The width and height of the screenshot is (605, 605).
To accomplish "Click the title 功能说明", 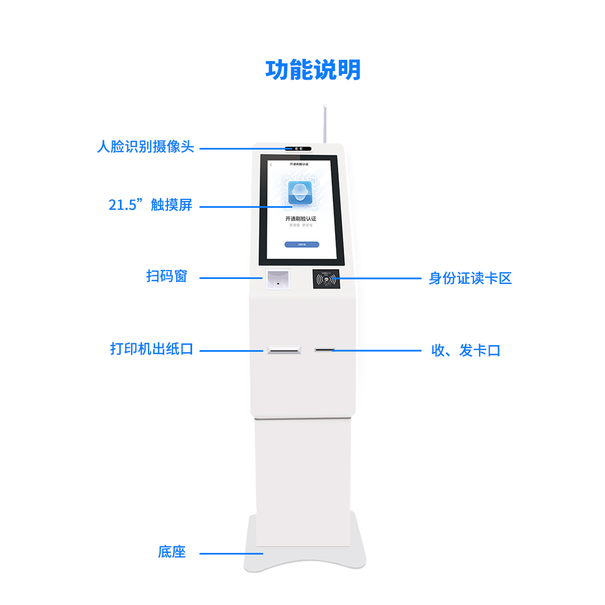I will [313, 70].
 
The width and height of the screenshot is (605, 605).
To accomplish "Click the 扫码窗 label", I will [166, 277].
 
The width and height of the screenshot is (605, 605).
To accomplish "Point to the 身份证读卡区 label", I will [470, 278].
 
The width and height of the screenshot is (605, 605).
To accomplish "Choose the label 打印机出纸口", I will [151, 349].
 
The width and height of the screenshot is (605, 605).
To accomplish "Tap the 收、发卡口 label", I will [466, 351].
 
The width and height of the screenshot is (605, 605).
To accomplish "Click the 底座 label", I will [171, 552].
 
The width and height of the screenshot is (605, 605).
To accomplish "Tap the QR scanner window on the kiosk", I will [278, 279].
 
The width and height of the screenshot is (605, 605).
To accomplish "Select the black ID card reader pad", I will [326, 279].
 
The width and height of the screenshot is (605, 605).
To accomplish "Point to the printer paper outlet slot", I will [285, 350].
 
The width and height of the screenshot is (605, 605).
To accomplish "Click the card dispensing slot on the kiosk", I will [324, 350].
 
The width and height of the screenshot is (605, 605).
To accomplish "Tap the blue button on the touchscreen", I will [301, 245].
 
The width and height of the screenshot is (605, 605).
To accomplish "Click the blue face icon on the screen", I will [300, 193].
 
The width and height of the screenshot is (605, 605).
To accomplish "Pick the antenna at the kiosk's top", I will [324, 123].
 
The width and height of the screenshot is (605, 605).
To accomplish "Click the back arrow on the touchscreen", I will [271, 165].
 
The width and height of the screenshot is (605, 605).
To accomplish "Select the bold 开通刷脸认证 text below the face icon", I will [301, 218].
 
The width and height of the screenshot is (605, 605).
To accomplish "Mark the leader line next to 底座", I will [231, 553].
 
